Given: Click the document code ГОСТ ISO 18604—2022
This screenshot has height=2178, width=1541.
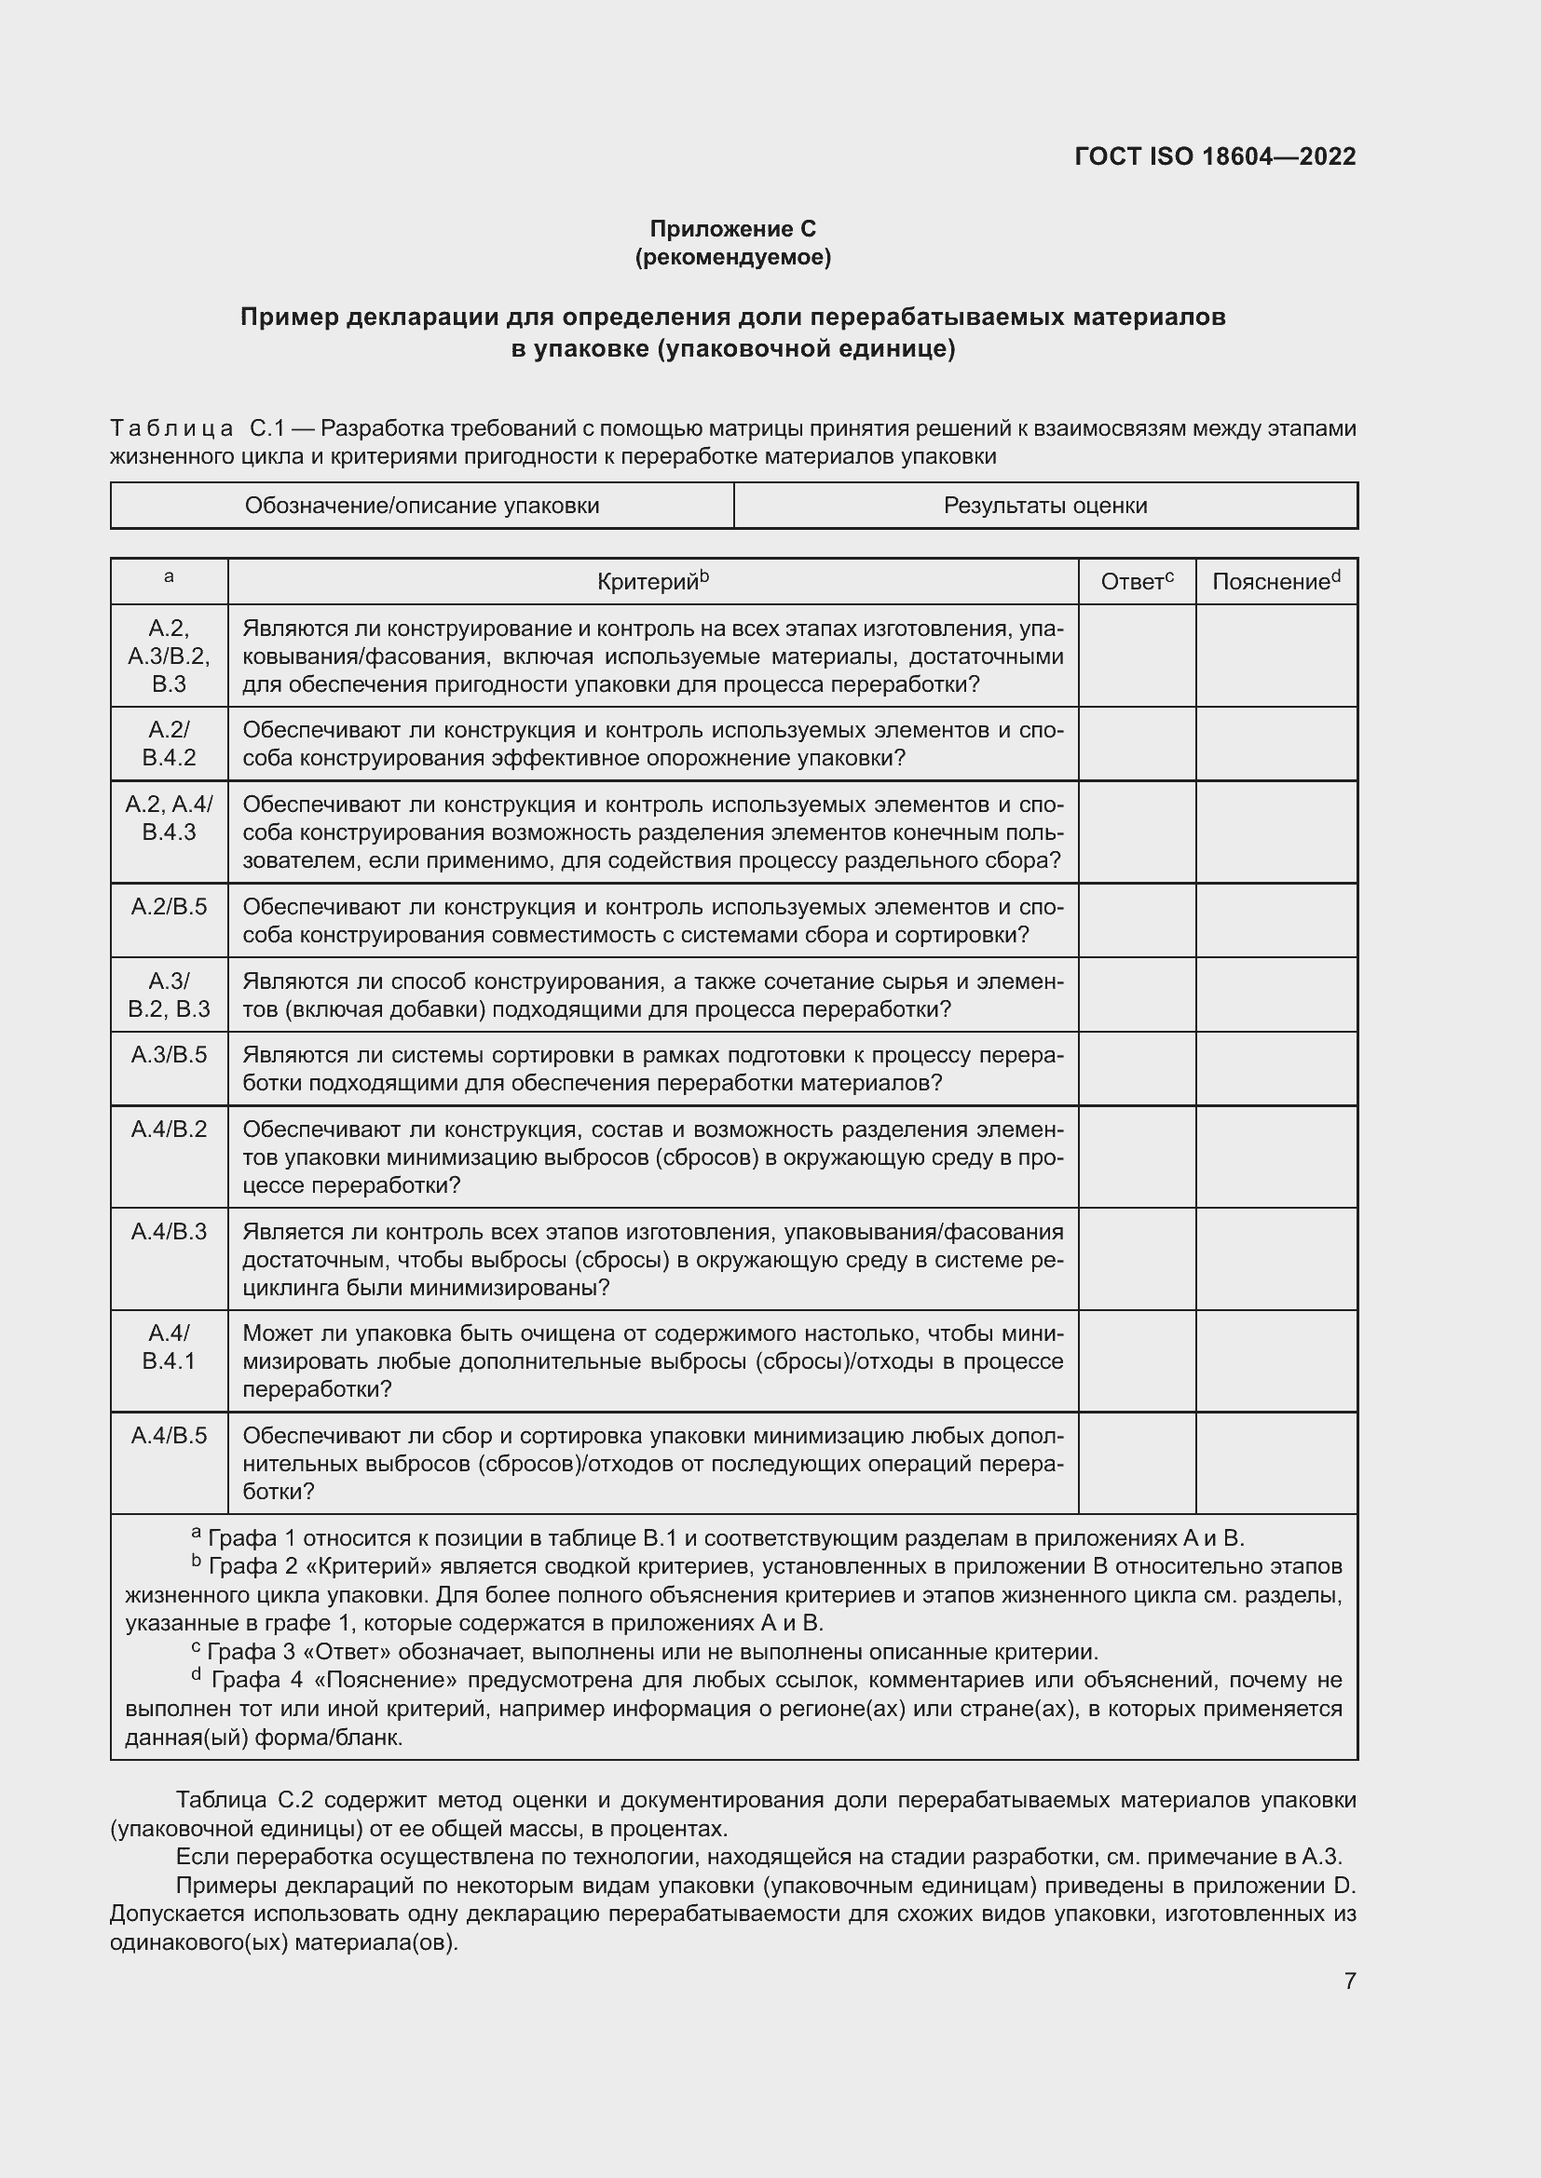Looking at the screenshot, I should click(1215, 156).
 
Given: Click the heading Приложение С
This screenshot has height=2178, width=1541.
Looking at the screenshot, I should click(732, 229).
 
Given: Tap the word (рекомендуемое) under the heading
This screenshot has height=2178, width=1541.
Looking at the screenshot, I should click(732, 257).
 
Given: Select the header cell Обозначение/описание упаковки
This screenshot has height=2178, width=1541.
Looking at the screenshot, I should click(422, 506).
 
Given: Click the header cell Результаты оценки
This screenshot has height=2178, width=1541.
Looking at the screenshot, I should click(1044, 506).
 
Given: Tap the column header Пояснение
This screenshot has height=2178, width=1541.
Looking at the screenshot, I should click(1275, 581).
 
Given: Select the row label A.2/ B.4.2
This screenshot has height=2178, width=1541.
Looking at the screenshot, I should click(169, 744).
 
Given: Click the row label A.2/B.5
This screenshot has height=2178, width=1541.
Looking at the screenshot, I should click(169, 907).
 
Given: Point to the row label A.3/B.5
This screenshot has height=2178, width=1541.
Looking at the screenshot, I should click(169, 1055).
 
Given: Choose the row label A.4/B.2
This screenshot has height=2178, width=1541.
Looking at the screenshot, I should click(169, 1129).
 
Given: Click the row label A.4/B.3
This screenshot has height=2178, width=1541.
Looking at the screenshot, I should click(169, 1231).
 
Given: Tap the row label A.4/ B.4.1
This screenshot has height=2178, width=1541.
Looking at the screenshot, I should click(169, 1347).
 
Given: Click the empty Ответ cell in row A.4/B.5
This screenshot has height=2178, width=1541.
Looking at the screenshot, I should click(1136, 1463).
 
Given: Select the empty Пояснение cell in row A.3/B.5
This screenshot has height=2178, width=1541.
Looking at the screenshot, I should click(1275, 1068).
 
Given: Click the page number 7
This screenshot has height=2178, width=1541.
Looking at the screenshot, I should click(1349, 1981).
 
